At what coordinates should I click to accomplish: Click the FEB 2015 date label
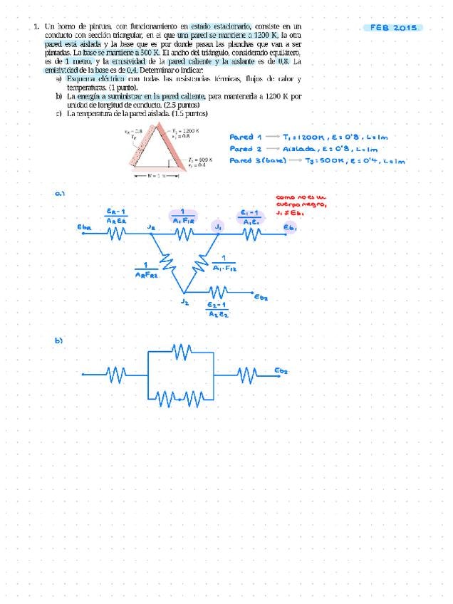[x=393, y=28]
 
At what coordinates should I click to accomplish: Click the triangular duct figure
[x=163, y=151]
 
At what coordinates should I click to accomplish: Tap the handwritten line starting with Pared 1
[x=317, y=137]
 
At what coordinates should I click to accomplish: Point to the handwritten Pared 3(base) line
[x=318, y=161]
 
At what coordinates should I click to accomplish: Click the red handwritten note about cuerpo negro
[x=301, y=204]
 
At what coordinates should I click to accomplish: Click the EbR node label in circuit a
[x=84, y=227]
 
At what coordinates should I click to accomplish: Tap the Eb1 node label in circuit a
[x=290, y=227]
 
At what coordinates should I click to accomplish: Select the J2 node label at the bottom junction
[x=184, y=302]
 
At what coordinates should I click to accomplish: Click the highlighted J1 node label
[x=219, y=226]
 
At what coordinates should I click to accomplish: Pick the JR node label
[x=151, y=226]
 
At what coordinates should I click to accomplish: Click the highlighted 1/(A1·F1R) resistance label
[x=183, y=217]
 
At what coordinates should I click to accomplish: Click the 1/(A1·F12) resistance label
[x=224, y=264]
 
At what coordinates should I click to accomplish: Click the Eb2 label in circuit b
[x=281, y=371]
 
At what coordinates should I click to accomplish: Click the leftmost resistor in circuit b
[x=115, y=373]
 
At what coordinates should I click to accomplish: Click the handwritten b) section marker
[x=60, y=341]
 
